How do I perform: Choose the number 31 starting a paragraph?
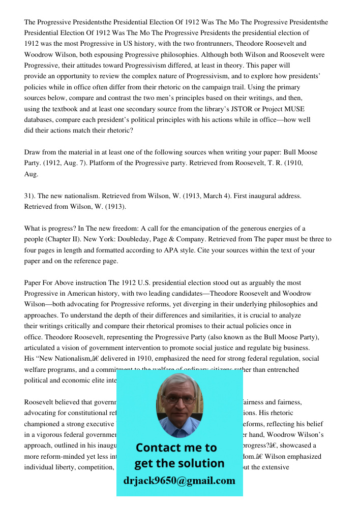(x=28, y=196)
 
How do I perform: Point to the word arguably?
(x=281, y=282)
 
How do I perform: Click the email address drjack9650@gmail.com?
(x=179, y=481)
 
